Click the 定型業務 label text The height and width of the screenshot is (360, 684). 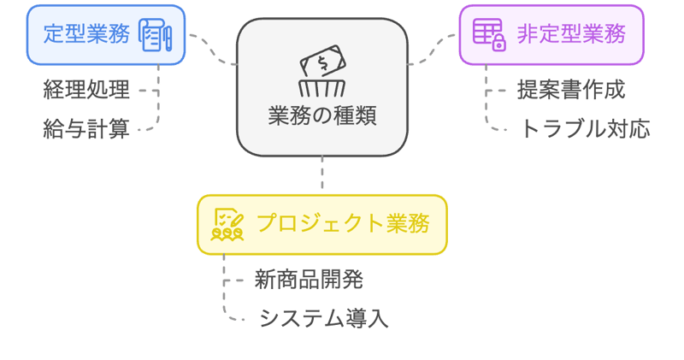tap(86, 35)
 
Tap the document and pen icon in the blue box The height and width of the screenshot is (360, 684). tap(156, 36)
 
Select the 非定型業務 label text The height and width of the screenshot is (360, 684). tap(571, 34)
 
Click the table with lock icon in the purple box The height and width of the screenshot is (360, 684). tap(489, 35)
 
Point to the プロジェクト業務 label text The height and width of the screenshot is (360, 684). tap(343, 224)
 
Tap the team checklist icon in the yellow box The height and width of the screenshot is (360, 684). tap(227, 224)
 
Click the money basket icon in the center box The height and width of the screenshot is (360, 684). tap(321, 72)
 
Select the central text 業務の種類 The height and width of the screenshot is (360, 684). tap(321, 115)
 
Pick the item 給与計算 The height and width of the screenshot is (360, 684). tap(86, 129)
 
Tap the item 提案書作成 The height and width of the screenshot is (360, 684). tap(571, 89)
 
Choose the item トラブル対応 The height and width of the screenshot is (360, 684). tap(585, 129)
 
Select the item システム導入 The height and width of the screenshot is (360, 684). tap(324, 319)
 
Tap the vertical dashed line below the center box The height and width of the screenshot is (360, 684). tap(322, 175)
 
